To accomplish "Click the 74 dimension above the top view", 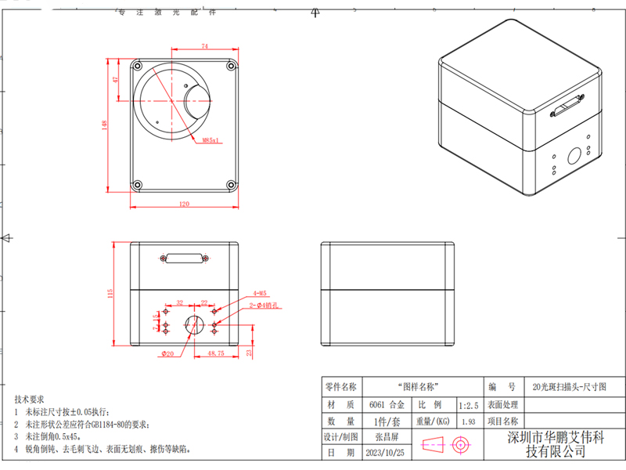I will [205, 48].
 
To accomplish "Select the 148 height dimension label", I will [105, 125].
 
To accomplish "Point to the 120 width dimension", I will [185, 204].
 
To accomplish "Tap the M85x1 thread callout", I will [211, 141].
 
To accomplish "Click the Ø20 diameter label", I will [167, 354].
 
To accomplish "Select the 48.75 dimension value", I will [215, 354].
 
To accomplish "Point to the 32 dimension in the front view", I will [179, 302].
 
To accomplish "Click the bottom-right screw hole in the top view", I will [232, 185].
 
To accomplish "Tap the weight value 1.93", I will [469, 422].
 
